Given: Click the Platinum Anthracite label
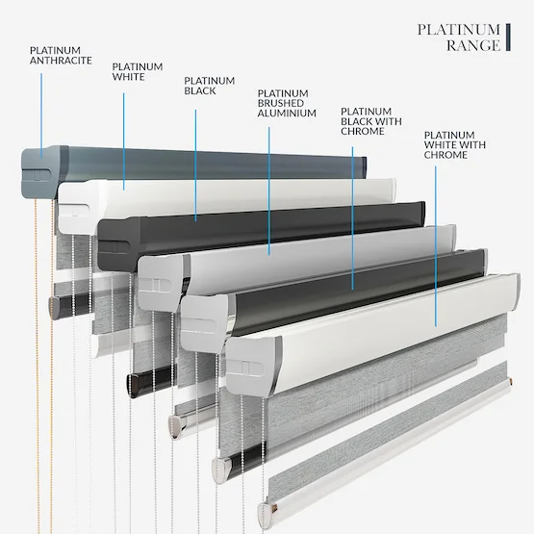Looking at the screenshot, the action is pyautogui.click(x=61, y=55).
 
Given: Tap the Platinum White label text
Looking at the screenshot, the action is pyautogui.click(x=138, y=71).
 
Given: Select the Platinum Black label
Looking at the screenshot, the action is pyautogui.click(x=210, y=86).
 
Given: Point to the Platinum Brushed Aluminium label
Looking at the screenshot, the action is pyautogui.click(x=287, y=103).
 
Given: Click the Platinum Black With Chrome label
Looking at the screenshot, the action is pyautogui.click(x=371, y=121).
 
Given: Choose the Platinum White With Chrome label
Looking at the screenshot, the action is pyautogui.click(x=455, y=144).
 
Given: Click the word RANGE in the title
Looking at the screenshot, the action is pyautogui.click(x=473, y=45).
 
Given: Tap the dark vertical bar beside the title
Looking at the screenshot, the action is pyautogui.click(x=508, y=38).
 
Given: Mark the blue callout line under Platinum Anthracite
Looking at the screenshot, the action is pyautogui.click(x=41, y=115).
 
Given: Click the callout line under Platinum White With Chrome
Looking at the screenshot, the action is pyautogui.click(x=436, y=246).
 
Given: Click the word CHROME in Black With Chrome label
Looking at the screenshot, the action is pyautogui.click(x=363, y=132).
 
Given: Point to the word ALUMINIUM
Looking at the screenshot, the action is pyautogui.click(x=287, y=114).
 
